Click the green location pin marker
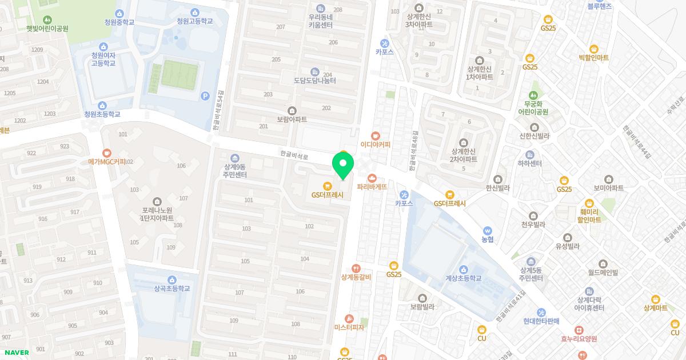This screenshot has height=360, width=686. pyautogui.click(x=342, y=167)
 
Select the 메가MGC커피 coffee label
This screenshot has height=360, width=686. pyautogui.click(x=107, y=161)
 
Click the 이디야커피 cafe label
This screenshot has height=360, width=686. pyautogui.click(x=376, y=144)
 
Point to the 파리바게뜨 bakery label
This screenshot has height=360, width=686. pyautogui.click(x=372, y=186)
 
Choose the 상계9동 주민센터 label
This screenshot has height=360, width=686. pyautogui.click(x=235, y=170)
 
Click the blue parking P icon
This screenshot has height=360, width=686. pyautogui.click(x=205, y=96)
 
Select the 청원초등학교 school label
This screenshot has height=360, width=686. pyautogui.click(x=102, y=114)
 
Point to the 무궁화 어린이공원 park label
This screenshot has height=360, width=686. pyautogui.click(x=534, y=107)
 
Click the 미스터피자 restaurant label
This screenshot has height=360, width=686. pyautogui.click(x=349, y=327)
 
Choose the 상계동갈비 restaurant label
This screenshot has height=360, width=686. pyautogui.click(x=356, y=277)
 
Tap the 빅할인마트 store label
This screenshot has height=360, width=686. pyautogui.click(x=593, y=57)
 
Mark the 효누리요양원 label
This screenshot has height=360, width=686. pyautogui.click(x=579, y=338)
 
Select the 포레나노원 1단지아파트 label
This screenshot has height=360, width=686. pyautogui.click(x=158, y=214)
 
